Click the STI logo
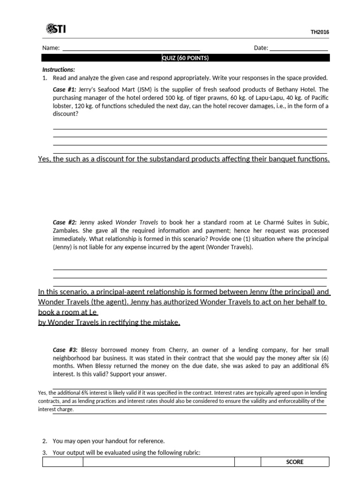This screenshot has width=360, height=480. pos(56,29)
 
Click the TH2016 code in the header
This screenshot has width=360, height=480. pos(320,32)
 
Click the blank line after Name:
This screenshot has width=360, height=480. pos(131,49)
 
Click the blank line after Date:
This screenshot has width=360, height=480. pos(299,49)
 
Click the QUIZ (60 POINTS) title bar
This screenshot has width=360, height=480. pos(185,58)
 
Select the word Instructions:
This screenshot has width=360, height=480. pos(59,69)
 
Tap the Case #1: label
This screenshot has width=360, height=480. pos(65,90)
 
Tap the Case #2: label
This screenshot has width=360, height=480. pos(65,222)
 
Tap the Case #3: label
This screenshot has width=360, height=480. pos(65,350)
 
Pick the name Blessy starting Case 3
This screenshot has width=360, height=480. pos(90,350)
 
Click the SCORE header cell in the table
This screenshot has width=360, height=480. pos(294,462)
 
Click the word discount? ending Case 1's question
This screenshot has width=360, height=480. pos(65,114)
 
